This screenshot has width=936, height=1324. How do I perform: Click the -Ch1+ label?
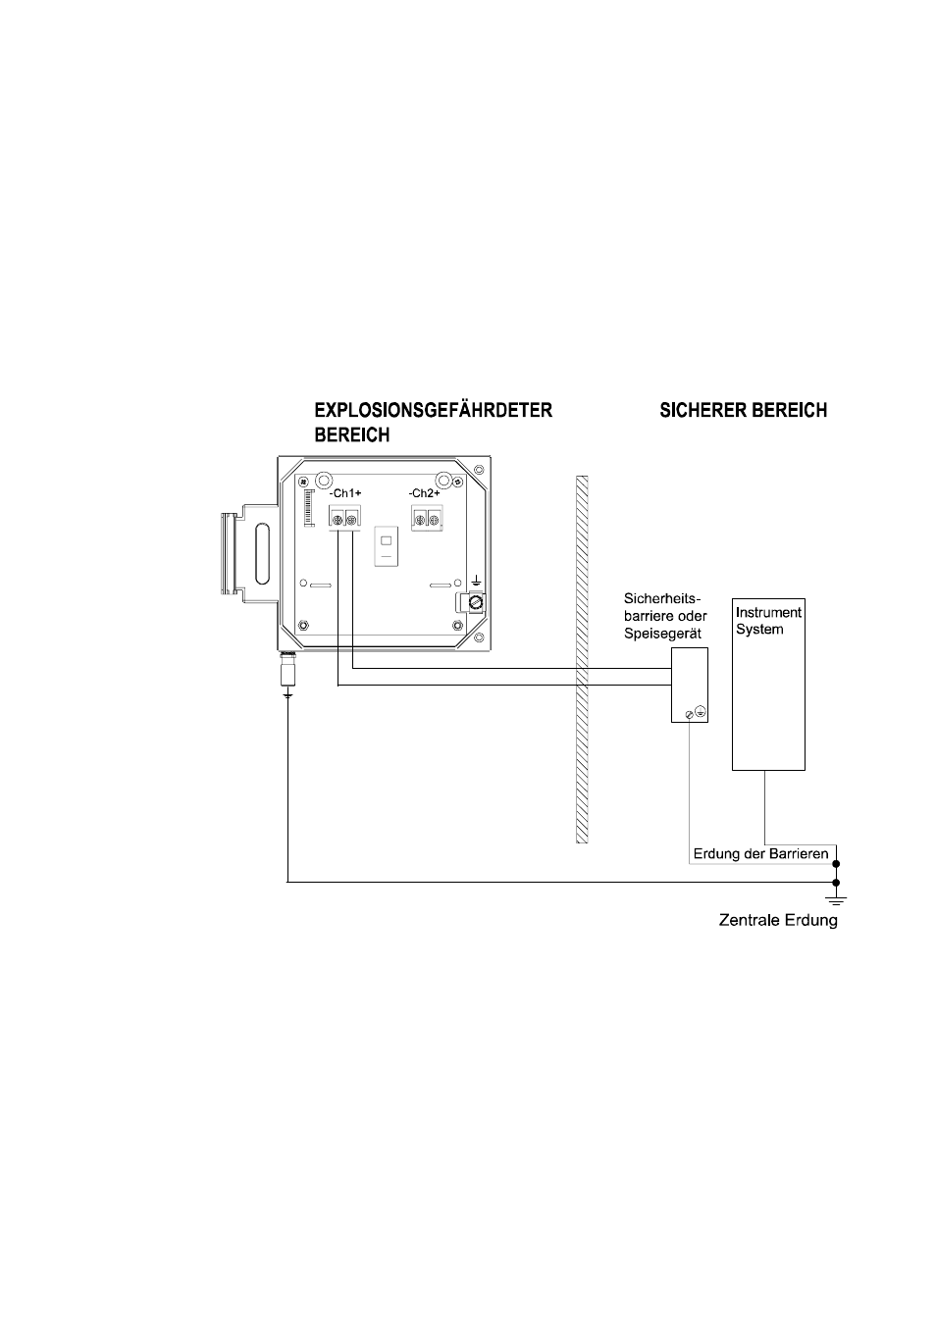[x=344, y=493]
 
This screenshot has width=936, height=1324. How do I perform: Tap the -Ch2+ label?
[x=424, y=493]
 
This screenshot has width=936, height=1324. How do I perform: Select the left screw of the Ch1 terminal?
[x=338, y=520]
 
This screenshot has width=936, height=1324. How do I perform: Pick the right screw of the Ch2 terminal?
[x=434, y=520]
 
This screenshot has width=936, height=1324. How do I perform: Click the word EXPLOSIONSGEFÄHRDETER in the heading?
[x=433, y=410]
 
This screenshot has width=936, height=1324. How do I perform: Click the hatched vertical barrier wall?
[x=582, y=660]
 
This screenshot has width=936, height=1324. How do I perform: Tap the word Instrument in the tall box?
[x=768, y=612]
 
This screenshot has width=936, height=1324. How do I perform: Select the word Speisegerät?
[x=662, y=635]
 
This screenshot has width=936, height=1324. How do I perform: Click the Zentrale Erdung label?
[x=778, y=920]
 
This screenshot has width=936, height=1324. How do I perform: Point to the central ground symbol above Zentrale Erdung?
[x=836, y=899]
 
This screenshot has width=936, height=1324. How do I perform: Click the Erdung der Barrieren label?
[x=760, y=853]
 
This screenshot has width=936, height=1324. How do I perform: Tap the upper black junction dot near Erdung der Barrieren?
[x=836, y=864]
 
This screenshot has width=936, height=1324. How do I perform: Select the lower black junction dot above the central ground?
[x=836, y=883]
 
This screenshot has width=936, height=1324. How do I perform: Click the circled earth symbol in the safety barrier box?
[x=700, y=712]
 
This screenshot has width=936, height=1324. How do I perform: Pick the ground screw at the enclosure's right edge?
[x=476, y=603]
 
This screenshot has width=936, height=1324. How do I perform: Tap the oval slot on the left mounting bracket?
[x=262, y=556]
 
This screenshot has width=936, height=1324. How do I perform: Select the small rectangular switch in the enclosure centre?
[x=387, y=547]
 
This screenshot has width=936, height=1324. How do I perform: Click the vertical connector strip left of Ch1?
[x=307, y=508]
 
